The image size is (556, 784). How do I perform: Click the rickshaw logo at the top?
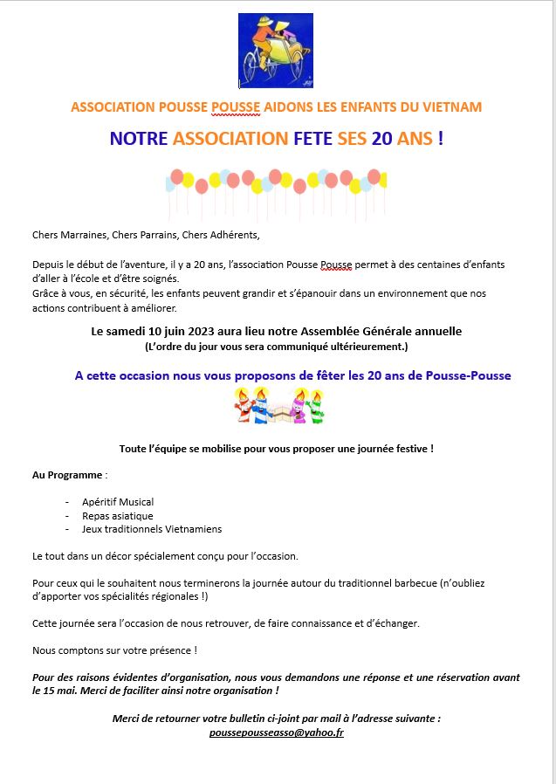coord(276,50)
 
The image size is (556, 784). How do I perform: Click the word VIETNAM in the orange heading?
coord(450,107)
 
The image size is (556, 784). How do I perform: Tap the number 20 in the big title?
coord(381,139)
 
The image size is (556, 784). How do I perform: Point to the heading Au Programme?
coord(67,475)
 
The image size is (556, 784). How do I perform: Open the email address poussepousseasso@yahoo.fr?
coord(277,733)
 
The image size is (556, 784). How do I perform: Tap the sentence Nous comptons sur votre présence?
coord(114,650)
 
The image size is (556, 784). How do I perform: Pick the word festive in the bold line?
coord(409,449)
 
